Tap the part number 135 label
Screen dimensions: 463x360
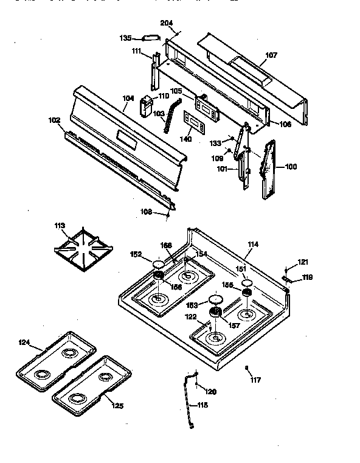pyautogui.click(x=125, y=38)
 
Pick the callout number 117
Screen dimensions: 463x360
pyautogui.click(x=255, y=380)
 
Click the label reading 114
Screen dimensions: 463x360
pyautogui.click(x=253, y=245)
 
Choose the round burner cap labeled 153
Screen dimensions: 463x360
pyautogui.click(x=214, y=299)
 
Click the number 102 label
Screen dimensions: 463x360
pyautogui.click(x=54, y=120)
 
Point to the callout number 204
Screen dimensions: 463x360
pyautogui.click(x=167, y=23)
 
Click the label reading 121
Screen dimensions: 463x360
pyautogui.click(x=303, y=262)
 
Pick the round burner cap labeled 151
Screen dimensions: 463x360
pyautogui.click(x=247, y=282)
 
